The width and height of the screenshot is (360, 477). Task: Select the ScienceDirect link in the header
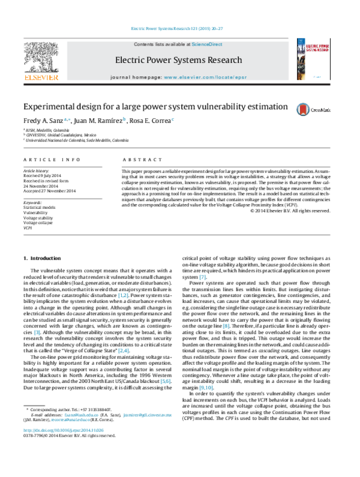pos(206,44)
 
